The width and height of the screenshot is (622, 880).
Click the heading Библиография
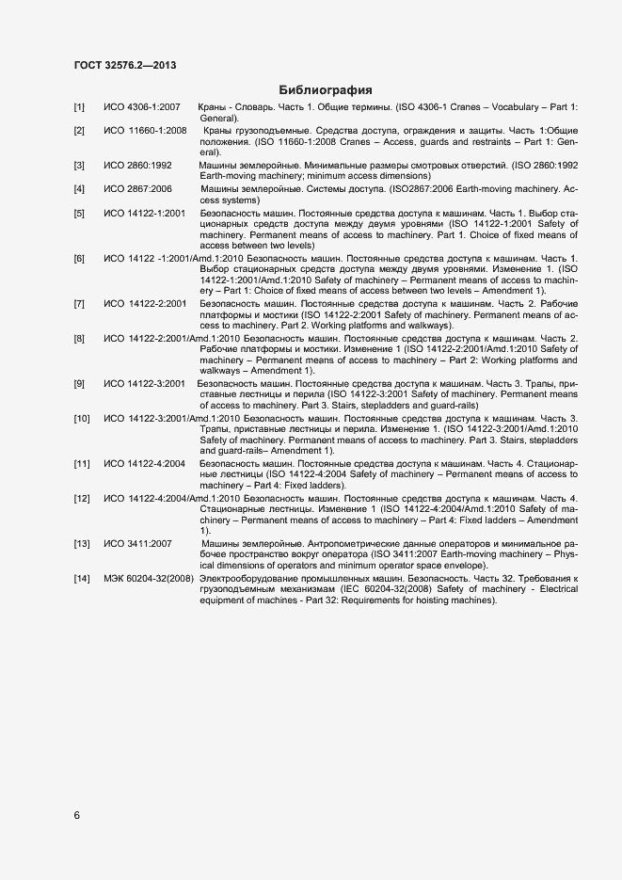(326, 90)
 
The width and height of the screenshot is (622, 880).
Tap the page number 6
(77, 815)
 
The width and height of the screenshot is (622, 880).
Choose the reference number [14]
(82, 576)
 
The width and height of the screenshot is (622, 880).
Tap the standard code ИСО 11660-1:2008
(145, 130)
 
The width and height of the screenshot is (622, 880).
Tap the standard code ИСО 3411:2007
(137, 544)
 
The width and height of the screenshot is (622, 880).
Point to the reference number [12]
(82, 497)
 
